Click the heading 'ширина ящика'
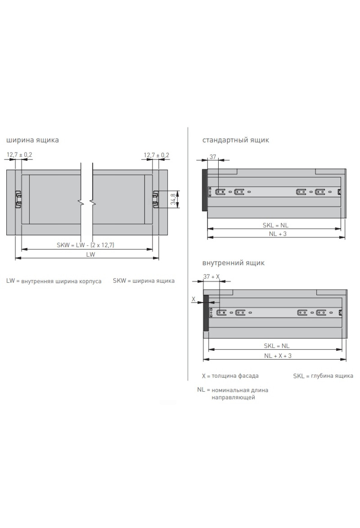(x=32, y=140)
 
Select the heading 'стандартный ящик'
(x=235, y=140)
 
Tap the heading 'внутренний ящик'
(x=233, y=263)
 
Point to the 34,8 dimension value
(x=173, y=199)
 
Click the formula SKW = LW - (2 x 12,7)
(x=85, y=245)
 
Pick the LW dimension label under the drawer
(x=90, y=254)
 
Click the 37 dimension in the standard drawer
(x=213, y=157)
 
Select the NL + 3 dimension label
(x=277, y=234)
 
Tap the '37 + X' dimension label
(x=211, y=277)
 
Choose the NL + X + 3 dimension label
(x=278, y=356)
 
